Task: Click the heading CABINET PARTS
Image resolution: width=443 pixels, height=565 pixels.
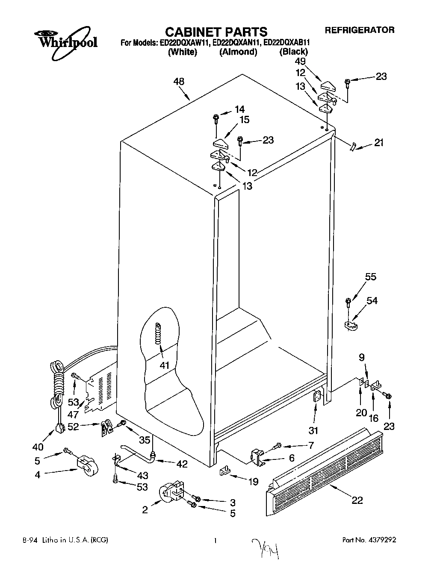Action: click(216, 32)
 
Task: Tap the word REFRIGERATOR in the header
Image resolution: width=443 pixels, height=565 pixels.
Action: click(359, 30)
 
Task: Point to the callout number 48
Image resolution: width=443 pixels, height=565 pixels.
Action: click(178, 81)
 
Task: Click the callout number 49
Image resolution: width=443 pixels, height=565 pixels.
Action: click(300, 61)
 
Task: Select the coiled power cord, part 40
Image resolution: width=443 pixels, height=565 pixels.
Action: click(57, 385)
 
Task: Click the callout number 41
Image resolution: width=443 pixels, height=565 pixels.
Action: click(164, 365)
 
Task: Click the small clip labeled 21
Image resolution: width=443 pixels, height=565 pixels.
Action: click(351, 147)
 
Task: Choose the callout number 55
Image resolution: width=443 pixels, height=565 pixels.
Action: click(370, 277)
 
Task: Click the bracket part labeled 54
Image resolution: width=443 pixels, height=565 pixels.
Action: click(351, 326)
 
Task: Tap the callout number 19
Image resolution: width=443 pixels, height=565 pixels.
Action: click(253, 482)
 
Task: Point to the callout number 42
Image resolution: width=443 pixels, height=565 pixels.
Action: click(182, 464)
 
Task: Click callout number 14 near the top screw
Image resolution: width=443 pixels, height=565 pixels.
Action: click(240, 109)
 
